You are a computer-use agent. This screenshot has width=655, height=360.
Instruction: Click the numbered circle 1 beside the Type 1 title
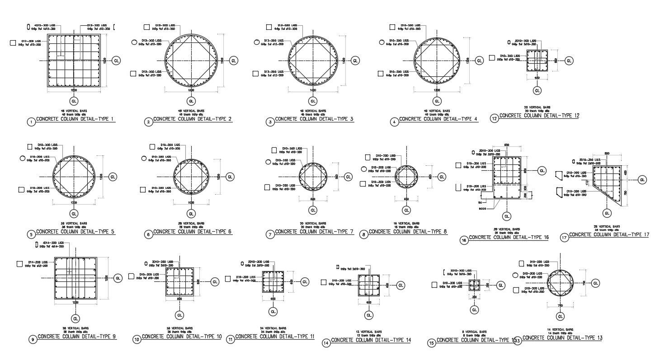pyautogui.click(x=31, y=122)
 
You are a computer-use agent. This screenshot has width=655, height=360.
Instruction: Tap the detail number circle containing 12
pyautogui.click(x=494, y=118)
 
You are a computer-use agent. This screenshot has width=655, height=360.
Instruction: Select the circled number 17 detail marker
pyautogui.click(x=564, y=237)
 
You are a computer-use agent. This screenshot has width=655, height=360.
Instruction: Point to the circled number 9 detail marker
pyautogui.click(x=33, y=339)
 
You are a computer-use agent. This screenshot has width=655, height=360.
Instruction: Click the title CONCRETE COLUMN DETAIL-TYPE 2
pyautogui.click(x=192, y=119)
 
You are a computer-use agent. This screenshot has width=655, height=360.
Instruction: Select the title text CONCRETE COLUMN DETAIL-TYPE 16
pyautogui.click(x=509, y=237)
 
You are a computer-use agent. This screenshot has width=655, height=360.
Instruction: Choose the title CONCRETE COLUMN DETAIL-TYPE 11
pyautogui.click(x=274, y=337)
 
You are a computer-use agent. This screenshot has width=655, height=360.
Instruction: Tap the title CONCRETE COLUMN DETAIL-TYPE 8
pyautogui.click(x=407, y=232)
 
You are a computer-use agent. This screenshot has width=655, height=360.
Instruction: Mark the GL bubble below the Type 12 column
pyautogui.click(x=537, y=91)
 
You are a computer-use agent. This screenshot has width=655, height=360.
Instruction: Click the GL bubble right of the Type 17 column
pyautogui.click(x=642, y=180)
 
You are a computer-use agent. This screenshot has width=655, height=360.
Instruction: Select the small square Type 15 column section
pyautogui.click(x=474, y=285)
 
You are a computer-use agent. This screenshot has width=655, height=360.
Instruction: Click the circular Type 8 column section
pyautogui.click(x=406, y=176)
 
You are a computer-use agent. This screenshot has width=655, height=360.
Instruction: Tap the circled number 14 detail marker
pyautogui.click(x=326, y=343)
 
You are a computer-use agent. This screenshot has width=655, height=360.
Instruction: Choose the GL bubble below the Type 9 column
pyautogui.click(x=75, y=318)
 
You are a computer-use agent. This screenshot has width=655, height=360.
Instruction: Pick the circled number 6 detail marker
pyautogui.click(x=148, y=234)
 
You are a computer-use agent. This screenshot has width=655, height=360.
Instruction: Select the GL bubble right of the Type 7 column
pyautogui.click(x=348, y=177)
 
